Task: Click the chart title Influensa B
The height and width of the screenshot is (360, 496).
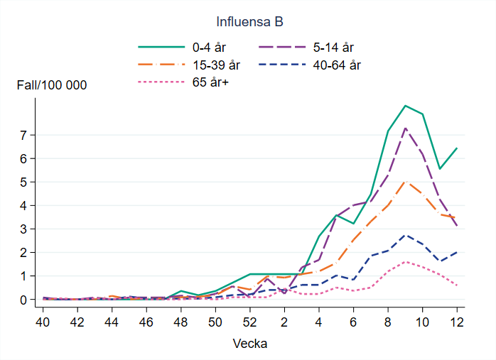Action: pyautogui.click(x=248, y=22)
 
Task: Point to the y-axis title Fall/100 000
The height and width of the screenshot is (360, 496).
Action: pyautogui.click(x=52, y=85)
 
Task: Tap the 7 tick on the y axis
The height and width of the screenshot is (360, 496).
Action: pyautogui.click(x=23, y=135)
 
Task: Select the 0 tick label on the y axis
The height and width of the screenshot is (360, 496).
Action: pyautogui.click(x=23, y=300)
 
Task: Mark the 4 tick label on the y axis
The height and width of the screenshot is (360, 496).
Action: pyautogui.click(x=23, y=205)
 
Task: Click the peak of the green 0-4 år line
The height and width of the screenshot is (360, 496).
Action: pyautogui.click(x=404, y=105)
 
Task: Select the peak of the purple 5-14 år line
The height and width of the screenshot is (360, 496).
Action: pyautogui.click(x=404, y=128)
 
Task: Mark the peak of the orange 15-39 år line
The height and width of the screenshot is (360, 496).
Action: pyautogui.click(x=404, y=181)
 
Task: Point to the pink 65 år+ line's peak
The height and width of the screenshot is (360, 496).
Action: pyautogui.click(x=404, y=262)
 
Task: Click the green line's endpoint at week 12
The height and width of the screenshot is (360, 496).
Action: pyautogui.click(x=456, y=148)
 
